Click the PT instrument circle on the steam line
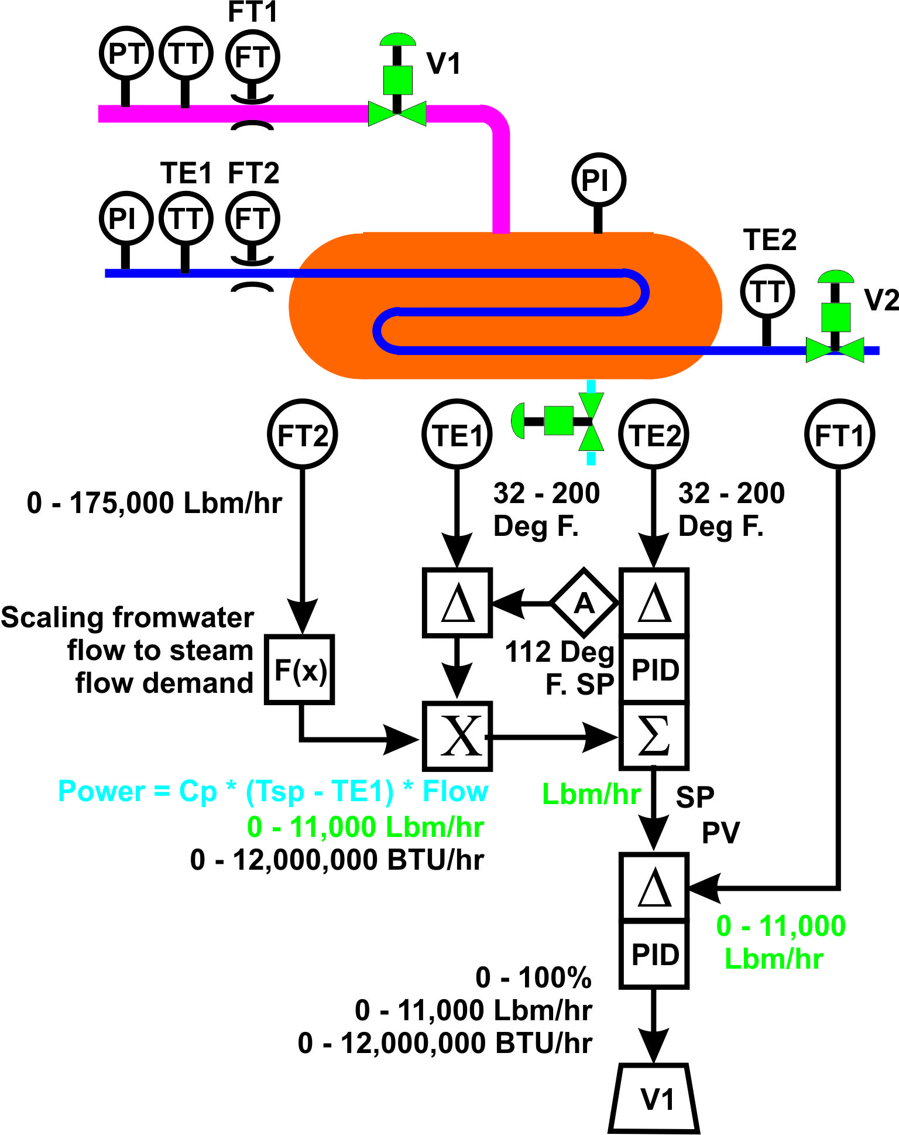coord(126,53)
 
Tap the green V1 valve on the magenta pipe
coord(397,111)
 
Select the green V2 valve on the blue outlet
coord(835,348)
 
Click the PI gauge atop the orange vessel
coord(598,180)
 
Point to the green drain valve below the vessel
coord(591,421)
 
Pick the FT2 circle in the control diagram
coord(302,435)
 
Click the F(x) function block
coord(300,669)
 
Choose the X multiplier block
coord(457,736)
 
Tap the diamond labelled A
coord(584,603)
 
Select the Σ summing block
coord(654,736)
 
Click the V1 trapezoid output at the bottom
coord(654,1099)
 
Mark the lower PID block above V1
coord(654,955)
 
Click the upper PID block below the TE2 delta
coord(654,669)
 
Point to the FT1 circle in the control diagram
coord(839,435)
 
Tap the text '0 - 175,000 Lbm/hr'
coord(154,502)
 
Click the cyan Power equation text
coord(273,791)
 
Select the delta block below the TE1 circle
coord(457,602)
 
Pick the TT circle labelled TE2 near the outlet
coord(767,292)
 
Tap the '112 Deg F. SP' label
coord(561,668)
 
